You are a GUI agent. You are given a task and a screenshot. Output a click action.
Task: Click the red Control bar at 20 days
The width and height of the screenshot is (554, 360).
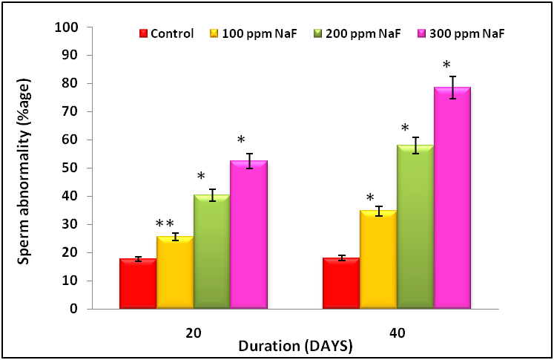click(138, 284)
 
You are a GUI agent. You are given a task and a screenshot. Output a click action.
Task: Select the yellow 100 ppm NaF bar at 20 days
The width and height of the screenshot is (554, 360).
click(175, 272)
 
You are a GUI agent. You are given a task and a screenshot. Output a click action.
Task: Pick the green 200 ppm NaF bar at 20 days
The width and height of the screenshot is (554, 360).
click(212, 252)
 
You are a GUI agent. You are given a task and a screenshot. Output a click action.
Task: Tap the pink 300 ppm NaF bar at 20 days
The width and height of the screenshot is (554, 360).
click(248, 235)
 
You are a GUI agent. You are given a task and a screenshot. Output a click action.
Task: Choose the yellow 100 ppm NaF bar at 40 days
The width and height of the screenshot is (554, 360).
click(378, 259)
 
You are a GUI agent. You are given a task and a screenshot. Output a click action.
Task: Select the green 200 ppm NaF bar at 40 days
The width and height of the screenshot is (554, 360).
click(415, 226)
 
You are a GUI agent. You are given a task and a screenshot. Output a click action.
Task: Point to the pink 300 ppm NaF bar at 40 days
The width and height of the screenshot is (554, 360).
click(452, 197)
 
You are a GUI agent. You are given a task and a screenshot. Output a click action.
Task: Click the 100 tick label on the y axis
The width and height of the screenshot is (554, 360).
click(68, 27)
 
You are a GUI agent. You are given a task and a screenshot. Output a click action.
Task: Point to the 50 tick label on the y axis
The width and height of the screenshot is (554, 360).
click(71, 168)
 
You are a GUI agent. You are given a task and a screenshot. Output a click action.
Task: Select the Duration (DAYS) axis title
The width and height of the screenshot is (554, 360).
click(295, 346)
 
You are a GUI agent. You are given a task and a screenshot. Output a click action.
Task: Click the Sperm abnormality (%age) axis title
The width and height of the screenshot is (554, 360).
click(24, 168)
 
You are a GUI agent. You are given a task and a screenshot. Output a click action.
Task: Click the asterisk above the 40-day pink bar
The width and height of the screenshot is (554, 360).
click(446, 65)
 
